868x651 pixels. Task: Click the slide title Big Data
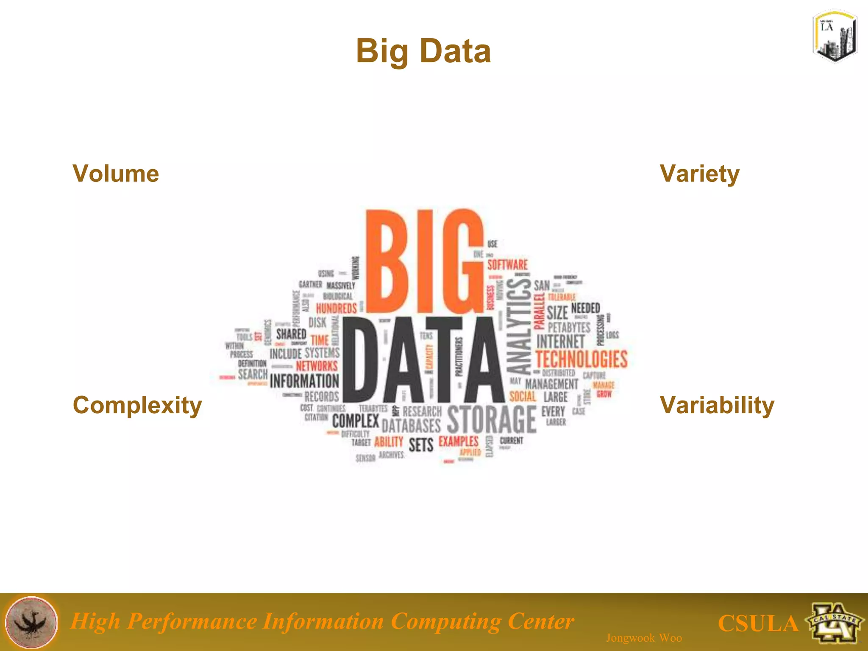tap(423, 51)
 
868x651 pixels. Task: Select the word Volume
tap(116, 174)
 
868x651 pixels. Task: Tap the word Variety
tap(700, 174)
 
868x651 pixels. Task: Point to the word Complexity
tap(137, 406)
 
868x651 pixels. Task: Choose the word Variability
tap(717, 406)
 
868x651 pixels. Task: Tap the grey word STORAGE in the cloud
tap(492, 419)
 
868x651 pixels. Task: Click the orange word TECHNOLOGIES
tap(581, 359)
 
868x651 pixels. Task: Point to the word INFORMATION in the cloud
tap(304, 381)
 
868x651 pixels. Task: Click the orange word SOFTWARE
tap(507, 265)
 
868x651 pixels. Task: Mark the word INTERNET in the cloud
tap(560, 341)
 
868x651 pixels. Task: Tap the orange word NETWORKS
tap(317, 366)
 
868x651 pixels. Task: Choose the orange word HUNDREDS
tap(337, 308)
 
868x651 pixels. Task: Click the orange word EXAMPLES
tap(458, 441)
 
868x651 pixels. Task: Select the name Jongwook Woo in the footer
tap(644, 638)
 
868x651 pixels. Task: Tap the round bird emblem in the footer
tap(31, 622)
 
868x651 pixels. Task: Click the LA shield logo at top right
tap(835, 36)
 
